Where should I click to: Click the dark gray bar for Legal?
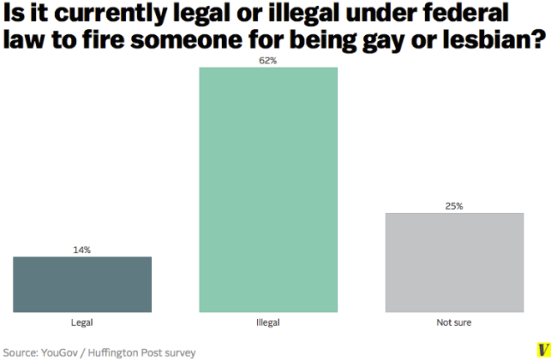click(82, 284)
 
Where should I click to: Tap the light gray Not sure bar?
click(454, 262)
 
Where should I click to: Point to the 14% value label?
click(82, 250)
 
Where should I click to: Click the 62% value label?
click(268, 60)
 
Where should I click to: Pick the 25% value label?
click(454, 205)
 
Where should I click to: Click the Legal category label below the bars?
click(82, 322)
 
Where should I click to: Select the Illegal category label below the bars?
click(268, 322)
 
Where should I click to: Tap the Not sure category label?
click(454, 322)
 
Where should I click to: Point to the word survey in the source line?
click(179, 352)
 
